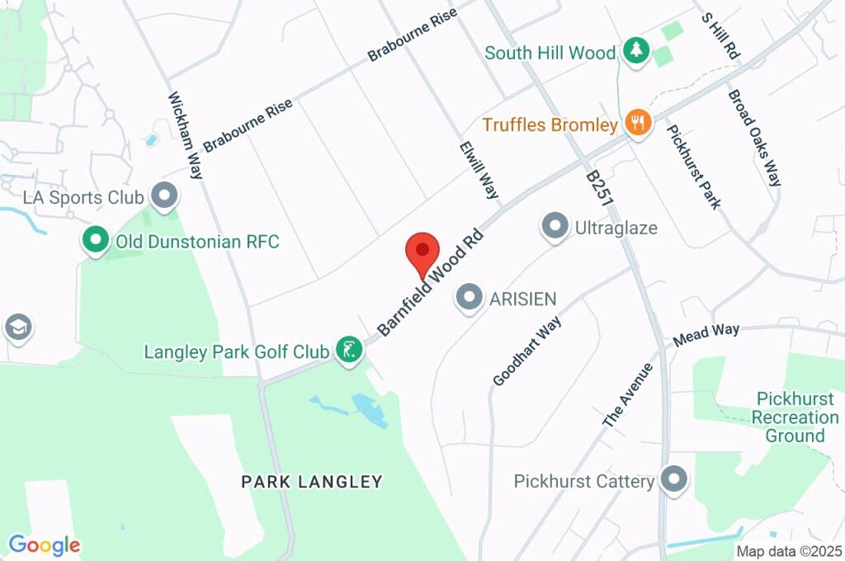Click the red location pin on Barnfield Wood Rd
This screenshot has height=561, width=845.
tap(422, 249)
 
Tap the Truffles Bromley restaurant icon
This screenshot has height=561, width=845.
tap(637, 125)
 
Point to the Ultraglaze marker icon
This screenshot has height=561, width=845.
tap(555, 225)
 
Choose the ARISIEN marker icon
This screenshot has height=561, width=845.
tap(470, 298)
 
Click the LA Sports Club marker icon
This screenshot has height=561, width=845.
tap(166, 197)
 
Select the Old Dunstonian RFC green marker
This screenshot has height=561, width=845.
tap(96, 242)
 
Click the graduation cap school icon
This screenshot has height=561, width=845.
tap(17, 328)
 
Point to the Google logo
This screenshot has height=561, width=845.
tap(44, 544)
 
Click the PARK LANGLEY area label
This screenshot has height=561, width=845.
tap(312, 481)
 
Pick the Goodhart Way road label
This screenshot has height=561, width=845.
tap(527, 351)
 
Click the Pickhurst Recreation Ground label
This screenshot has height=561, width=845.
tap(795, 417)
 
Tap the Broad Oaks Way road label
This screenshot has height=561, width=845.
tap(753, 138)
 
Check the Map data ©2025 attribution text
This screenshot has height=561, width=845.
tap(788, 551)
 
